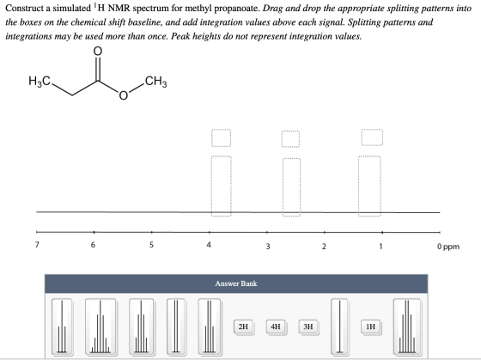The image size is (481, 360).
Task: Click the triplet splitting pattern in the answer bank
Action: coord(62,326)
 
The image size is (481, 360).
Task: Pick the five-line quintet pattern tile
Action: coord(141,326)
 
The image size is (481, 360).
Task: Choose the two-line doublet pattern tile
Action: coord(176,326)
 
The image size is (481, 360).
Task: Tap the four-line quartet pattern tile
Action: coord(210,326)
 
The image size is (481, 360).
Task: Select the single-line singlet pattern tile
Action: coord(339,326)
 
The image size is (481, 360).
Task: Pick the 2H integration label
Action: coord(244,326)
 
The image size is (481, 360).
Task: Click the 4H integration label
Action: coord(276,326)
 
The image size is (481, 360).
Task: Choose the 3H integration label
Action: coord(308,326)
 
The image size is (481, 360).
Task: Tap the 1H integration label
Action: coord(371,326)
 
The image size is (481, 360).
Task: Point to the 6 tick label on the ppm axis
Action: coord(93,245)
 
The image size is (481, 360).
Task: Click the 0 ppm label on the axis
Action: coord(448,247)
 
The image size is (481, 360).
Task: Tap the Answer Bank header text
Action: coord(236,284)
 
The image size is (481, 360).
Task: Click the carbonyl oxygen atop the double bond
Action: coord(97,51)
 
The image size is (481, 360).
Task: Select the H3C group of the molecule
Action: coord(40,82)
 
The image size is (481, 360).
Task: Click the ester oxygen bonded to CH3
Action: coord(123,95)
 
